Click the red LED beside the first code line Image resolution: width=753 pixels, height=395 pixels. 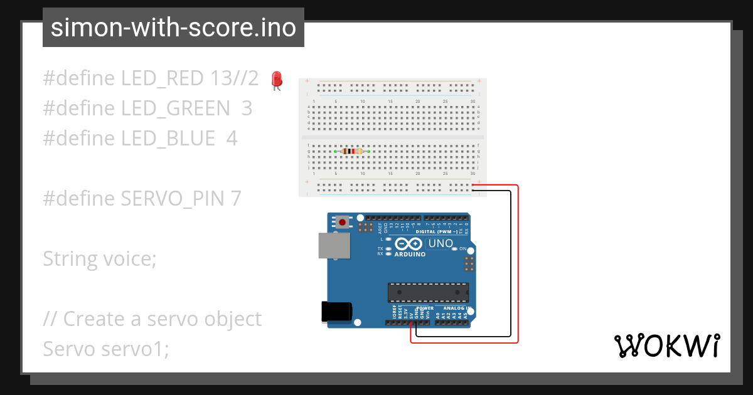coord(276,80)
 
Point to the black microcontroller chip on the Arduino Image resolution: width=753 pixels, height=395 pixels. coord(428,292)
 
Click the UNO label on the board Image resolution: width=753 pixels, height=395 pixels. coord(440,243)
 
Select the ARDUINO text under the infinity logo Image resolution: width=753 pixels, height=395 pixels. coord(410,255)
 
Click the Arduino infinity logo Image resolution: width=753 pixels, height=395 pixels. coord(409,244)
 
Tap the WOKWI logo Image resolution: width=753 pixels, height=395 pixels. coord(667,345)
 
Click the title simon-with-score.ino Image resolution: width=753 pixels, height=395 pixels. coord(173,28)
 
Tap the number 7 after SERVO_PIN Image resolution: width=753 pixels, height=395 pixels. coord(236,199)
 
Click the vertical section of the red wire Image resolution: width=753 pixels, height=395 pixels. coord(518,263)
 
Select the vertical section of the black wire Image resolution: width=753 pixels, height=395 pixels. coord(510,263)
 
